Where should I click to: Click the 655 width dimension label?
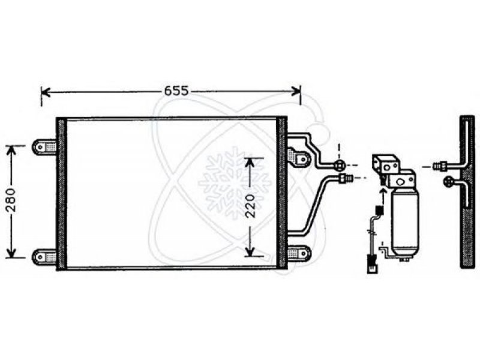click(176, 91)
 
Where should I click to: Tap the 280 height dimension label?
click(11, 200)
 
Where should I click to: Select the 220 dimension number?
click(251, 205)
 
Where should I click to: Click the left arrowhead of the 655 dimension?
click(46, 91)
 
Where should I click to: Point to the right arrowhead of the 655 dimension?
click(296, 91)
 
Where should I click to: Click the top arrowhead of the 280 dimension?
click(11, 151)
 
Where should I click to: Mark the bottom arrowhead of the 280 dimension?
click(11, 253)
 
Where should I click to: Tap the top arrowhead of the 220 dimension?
click(250, 163)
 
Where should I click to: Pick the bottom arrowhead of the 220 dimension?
click(250, 251)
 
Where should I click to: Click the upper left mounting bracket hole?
click(40, 147)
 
